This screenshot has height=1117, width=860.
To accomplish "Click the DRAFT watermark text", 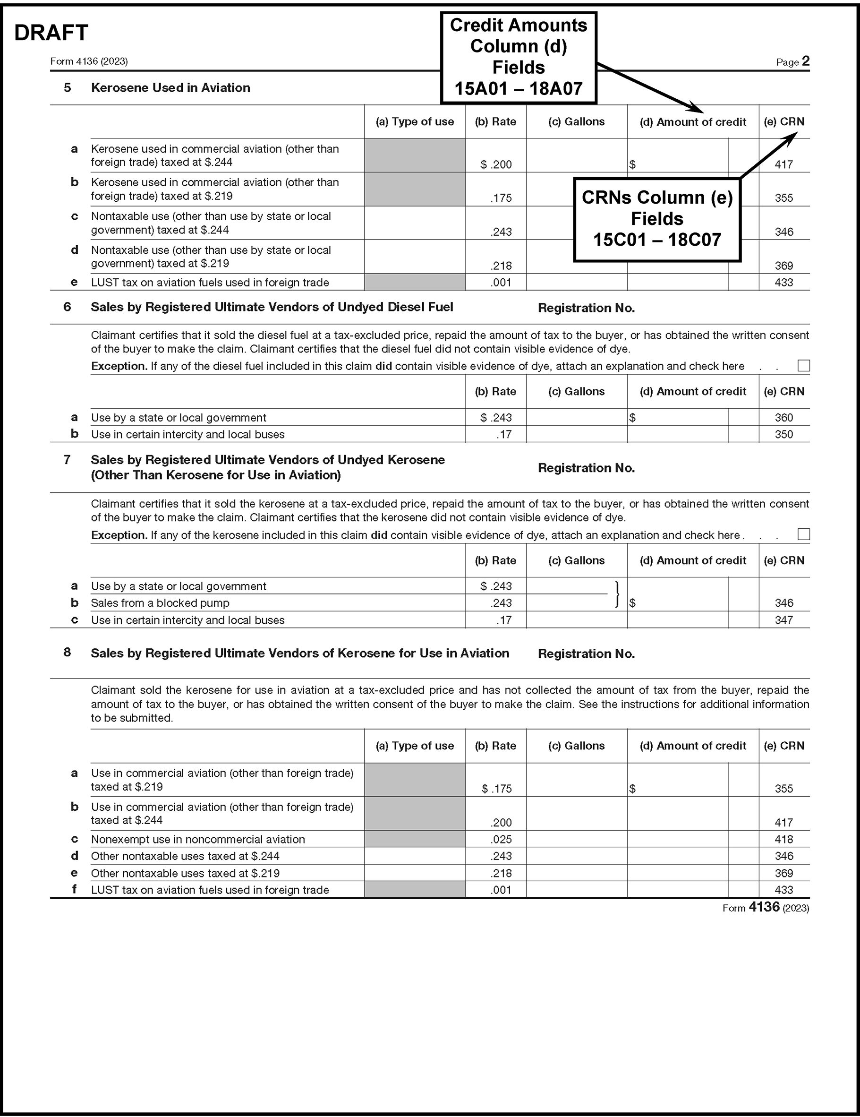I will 51,33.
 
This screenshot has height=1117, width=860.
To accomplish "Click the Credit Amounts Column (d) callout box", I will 519,57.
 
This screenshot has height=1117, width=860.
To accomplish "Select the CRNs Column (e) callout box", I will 657,219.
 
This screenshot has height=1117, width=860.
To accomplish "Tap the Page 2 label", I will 792,62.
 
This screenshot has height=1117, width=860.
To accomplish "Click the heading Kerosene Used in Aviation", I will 170,88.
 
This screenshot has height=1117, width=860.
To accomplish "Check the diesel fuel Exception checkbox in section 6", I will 804,366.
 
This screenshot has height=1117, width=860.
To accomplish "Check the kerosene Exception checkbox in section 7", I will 804,534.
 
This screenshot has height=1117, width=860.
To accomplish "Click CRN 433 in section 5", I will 784,282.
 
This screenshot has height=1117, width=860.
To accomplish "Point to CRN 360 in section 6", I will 784,417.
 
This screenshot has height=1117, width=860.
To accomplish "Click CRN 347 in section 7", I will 784,620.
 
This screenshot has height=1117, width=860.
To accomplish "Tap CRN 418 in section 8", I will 784,839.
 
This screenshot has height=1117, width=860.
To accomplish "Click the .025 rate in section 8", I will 501,839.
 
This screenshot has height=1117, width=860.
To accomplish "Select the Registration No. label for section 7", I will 586,468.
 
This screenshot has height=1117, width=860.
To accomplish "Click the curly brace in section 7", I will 618,594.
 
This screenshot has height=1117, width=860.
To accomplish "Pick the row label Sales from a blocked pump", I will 160,603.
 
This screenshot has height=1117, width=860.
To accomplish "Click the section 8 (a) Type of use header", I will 415,746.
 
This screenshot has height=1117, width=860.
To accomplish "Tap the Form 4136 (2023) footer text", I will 766,907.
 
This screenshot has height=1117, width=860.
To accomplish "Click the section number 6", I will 67,307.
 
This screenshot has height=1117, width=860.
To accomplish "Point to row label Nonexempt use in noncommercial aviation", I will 198,839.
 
